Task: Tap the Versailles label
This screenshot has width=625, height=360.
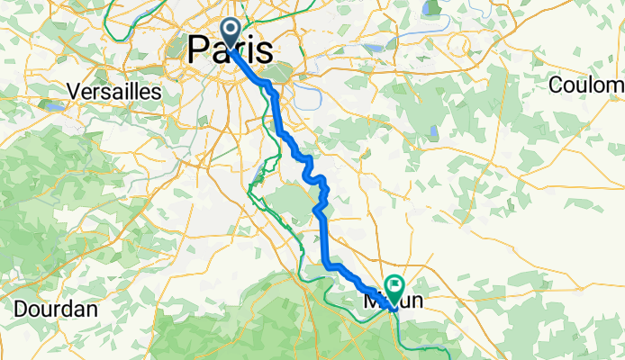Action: click(114, 92)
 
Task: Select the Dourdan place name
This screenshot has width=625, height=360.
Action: click(56, 309)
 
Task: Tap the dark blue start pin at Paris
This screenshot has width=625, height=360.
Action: click(230, 35)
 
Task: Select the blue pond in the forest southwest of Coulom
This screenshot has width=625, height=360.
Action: click(433, 133)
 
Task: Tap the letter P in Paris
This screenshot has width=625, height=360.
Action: click(200, 49)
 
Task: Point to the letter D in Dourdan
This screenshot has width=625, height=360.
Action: click(21, 309)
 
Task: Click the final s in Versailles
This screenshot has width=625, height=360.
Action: click(157, 92)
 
